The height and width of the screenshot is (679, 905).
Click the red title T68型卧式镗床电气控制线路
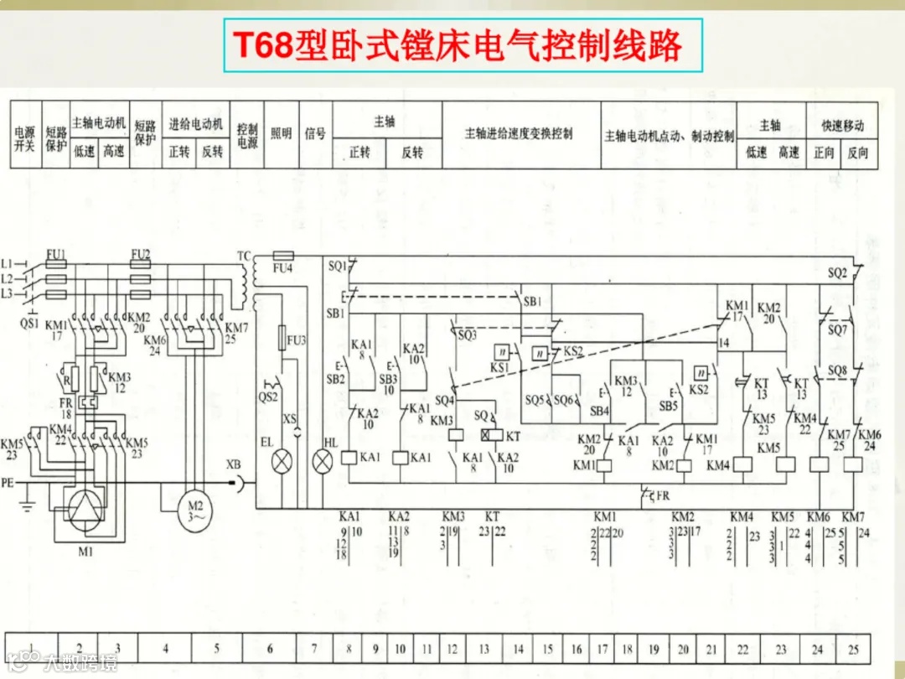pos(458,44)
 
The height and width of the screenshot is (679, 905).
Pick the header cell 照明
pos(281,133)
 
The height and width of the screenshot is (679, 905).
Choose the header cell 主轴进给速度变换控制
pos(520,133)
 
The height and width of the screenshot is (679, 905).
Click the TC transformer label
pos(244,254)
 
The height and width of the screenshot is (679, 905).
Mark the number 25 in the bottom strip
pos(853,649)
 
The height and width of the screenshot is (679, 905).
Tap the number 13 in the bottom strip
pos(484,649)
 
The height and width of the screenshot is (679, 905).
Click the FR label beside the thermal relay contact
pos(663,496)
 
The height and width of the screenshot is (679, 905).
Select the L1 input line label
pos(8,262)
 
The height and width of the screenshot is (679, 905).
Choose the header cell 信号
pos(314,133)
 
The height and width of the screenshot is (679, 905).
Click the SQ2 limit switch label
pos(837,273)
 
